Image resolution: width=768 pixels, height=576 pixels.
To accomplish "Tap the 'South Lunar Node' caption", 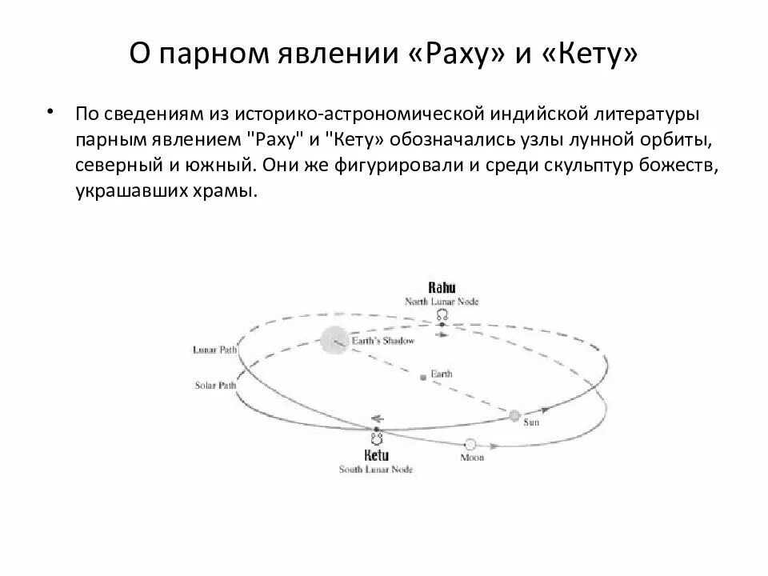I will coord(377,469).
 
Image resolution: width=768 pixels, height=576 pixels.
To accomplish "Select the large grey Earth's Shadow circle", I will coord(335,342).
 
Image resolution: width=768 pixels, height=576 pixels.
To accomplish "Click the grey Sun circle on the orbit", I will coord(514,415).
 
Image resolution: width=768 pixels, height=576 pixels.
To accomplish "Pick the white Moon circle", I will coord(470,444).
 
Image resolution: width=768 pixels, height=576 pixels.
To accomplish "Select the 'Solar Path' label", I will coord(215,385).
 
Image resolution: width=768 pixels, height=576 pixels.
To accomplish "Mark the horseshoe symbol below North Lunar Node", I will coord(441,316).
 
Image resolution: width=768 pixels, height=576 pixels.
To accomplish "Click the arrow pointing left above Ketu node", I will coord(377,418).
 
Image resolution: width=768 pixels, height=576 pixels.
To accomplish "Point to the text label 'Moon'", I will coord(471,458).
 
